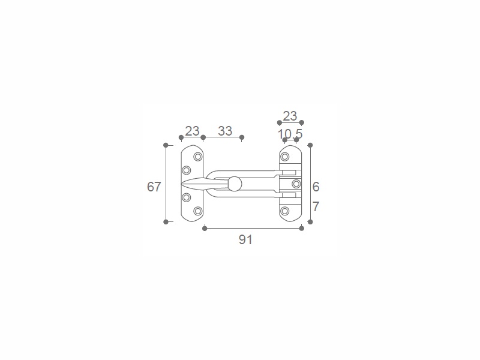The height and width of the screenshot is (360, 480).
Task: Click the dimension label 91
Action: [245, 239]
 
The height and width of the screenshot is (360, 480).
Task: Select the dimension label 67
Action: [154, 187]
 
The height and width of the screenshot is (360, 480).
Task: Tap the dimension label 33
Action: [225, 131]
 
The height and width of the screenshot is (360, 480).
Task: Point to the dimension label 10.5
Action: [290, 134]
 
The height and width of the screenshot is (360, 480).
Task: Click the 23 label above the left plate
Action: [192, 131]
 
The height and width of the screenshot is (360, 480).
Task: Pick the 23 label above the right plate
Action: [290, 116]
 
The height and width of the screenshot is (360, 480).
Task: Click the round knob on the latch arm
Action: [235, 184]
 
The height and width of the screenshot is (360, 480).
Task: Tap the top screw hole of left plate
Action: [198, 157]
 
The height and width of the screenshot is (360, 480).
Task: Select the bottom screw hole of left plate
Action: [198, 211]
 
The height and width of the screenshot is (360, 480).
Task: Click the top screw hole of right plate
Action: [284, 157]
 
